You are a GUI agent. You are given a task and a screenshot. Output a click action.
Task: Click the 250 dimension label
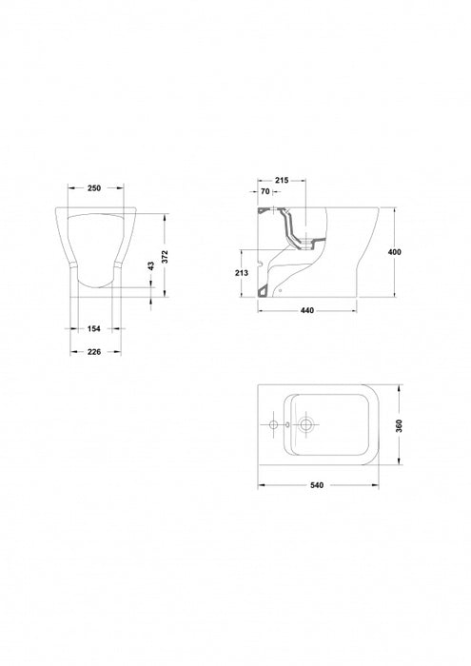pyautogui.click(x=94, y=188)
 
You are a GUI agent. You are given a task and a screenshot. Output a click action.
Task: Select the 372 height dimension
pyautogui.click(x=165, y=257)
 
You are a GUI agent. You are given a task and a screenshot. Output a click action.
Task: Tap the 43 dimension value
pyautogui.click(x=150, y=265)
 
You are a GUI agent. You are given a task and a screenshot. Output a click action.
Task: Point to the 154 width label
pyautogui.click(x=94, y=328)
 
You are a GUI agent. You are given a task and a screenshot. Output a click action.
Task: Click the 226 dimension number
pyautogui.click(x=94, y=352)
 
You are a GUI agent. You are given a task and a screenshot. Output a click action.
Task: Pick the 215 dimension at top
pyautogui.click(x=281, y=180)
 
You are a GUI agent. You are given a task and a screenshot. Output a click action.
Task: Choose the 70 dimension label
pyautogui.click(x=265, y=191)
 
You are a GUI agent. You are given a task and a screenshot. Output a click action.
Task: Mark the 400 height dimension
pyautogui.click(x=395, y=252)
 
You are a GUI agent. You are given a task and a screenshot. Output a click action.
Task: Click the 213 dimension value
pyautogui.click(x=242, y=273)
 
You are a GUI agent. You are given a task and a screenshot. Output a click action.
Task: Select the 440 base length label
pyautogui.click(x=307, y=310)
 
